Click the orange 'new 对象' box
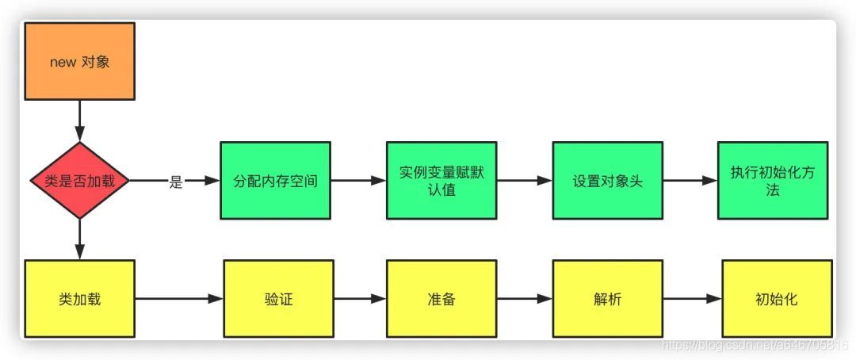(x=79, y=62)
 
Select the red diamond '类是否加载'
(x=79, y=181)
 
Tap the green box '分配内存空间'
(x=275, y=181)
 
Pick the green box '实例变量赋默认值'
(x=441, y=181)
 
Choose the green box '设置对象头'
(x=607, y=181)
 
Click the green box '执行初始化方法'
(x=773, y=181)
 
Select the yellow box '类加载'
(x=79, y=300)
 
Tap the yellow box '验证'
(x=275, y=300)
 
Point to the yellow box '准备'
(x=441, y=300)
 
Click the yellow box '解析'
(x=607, y=300)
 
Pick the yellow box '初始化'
(x=777, y=300)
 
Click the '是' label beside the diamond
(x=176, y=182)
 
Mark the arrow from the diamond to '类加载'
(x=79, y=239)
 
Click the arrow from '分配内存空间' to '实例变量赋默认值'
(x=358, y=181)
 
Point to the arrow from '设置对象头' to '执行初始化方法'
(x=690, y=181)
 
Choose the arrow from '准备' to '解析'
(x=524, y=299)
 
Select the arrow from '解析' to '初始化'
(x=692, y=299)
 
